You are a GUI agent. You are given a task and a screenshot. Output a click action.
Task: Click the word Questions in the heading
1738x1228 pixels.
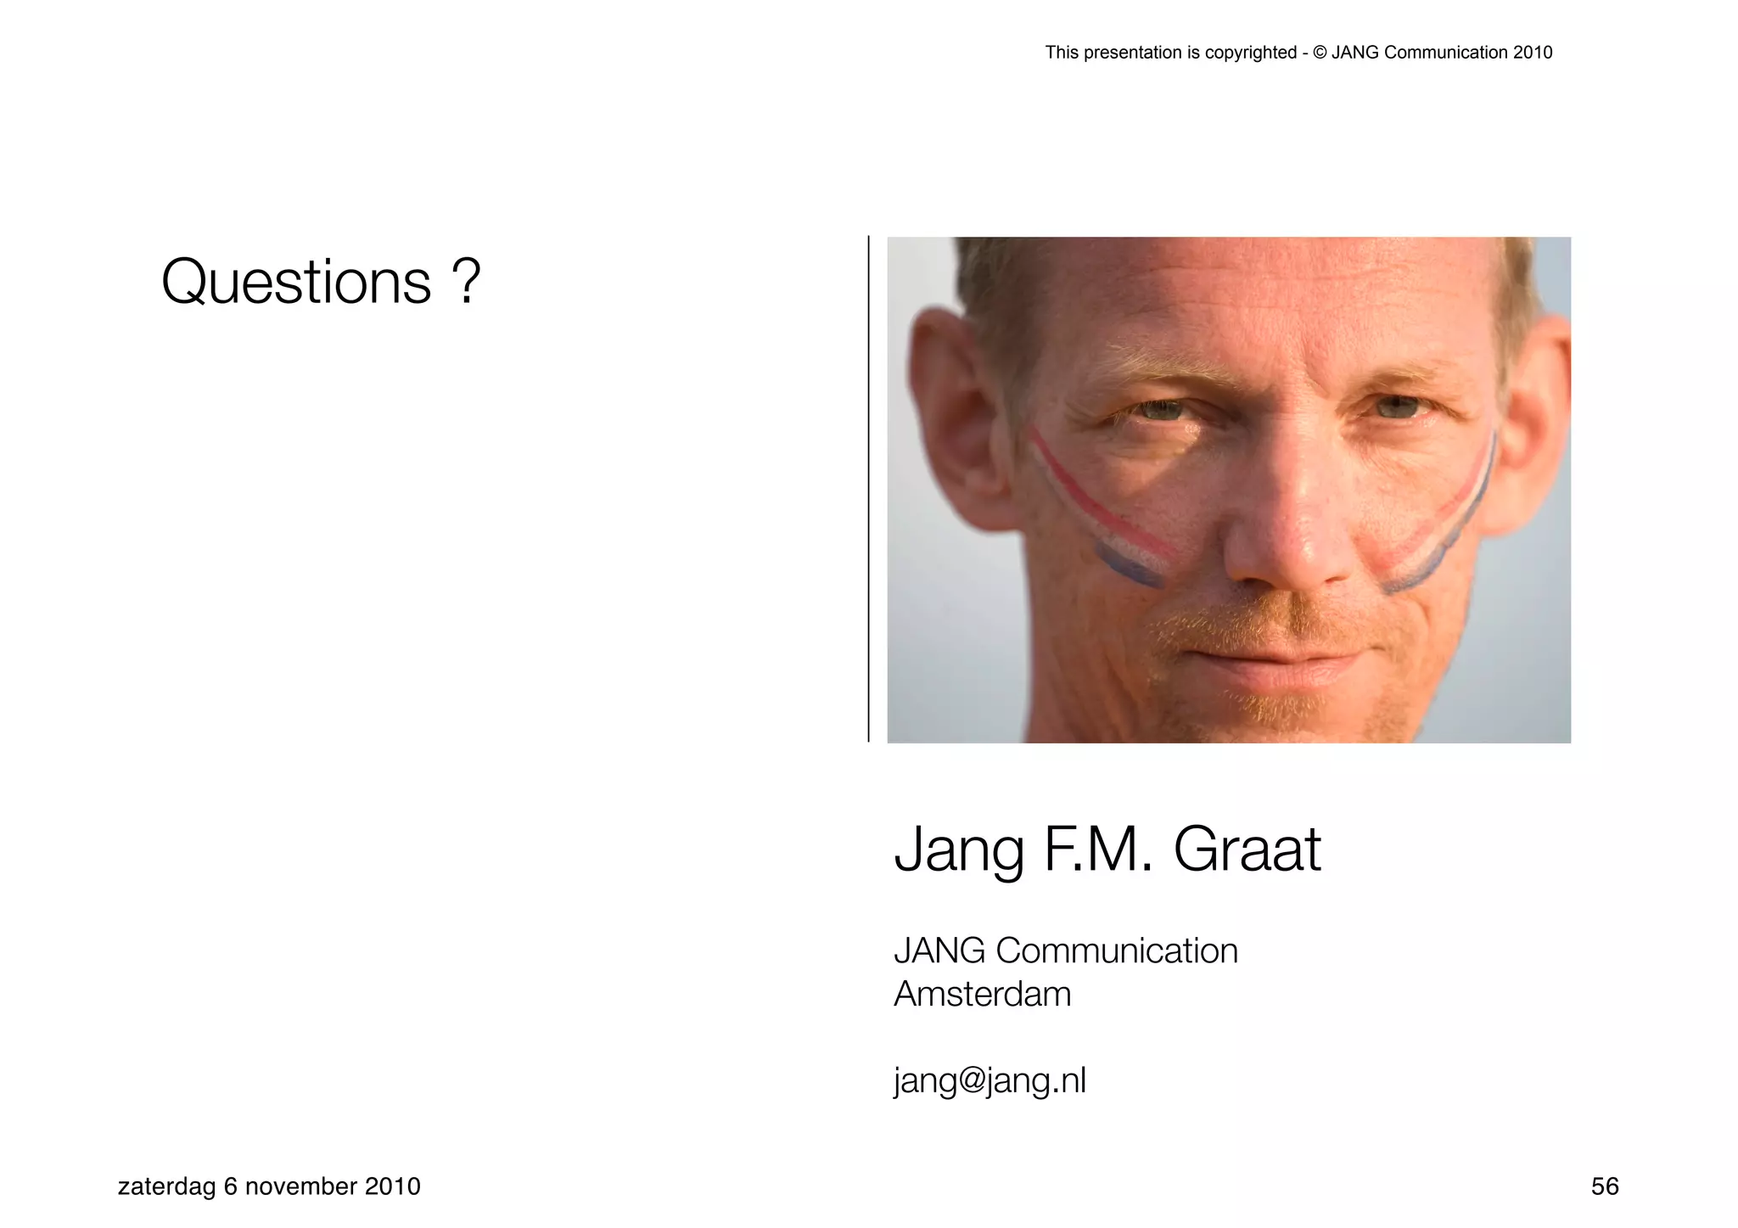click(x=296, y=283)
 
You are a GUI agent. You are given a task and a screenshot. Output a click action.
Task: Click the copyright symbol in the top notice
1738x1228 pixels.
click(x=1320, y=53)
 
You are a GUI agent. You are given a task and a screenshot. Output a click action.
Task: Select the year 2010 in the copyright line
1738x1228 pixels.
click(x=1532, y=53)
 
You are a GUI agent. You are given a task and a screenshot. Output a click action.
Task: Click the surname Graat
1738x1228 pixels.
click(x=1247, y=850)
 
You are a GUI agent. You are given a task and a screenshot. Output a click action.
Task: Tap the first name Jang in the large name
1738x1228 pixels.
click(x=959, y=851)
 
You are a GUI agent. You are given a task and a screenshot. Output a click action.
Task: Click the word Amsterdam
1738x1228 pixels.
click(x=982, y=994)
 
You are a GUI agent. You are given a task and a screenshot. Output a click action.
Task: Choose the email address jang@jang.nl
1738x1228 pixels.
click(x=990, y=1081)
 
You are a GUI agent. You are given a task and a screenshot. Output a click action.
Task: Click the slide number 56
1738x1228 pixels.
click(x=1605, y=1186)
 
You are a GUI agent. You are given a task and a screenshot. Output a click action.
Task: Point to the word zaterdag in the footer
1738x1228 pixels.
click(x=166, y=1186)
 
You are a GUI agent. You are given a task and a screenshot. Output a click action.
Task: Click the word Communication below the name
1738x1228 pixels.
click(x=1117, y=950)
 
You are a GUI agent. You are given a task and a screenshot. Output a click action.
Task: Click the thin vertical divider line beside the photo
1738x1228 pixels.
click(x=868, y=489)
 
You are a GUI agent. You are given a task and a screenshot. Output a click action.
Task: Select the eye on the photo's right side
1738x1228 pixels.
click(x=1396, y=408)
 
